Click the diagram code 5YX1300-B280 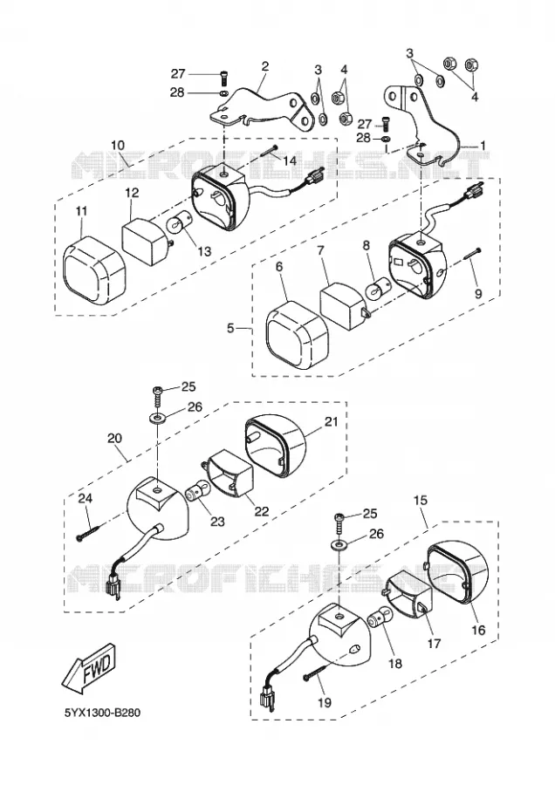[102, 713]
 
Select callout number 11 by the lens [81, 211]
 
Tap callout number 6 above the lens [279, 266]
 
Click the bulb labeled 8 [376, 289]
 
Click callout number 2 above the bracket [265, 66]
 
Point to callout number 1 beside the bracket [483, 145]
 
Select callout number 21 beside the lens [331, 421]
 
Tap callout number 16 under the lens [479, 629]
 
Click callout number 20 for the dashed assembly [114, 438]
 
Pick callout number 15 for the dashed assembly [421, 500]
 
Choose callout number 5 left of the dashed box [230, 329]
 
